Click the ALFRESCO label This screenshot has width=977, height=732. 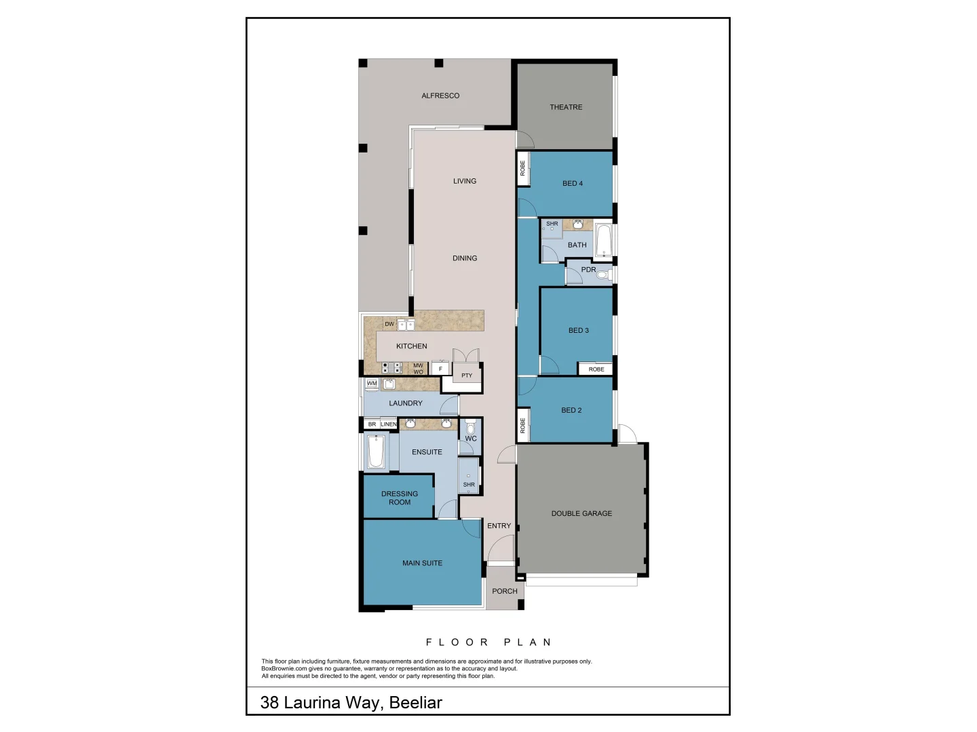click(440, 96)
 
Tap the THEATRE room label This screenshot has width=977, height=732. click(566, 107)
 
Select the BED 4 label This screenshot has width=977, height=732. click(572, 184)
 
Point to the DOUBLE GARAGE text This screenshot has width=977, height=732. click(581, 514)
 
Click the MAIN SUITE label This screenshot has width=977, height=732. click(422, 563)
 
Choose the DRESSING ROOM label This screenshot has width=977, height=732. click(400, 498)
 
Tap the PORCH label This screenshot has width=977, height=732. click(504, 591)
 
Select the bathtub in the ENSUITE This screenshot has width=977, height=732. click(376, 451)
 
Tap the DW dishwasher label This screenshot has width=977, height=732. click(389, 324)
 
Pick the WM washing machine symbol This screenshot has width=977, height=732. click(372, 384)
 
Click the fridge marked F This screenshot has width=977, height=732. click(440, 369)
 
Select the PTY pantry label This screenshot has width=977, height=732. click(467, 375)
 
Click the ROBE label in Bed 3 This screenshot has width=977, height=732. click(596, 369)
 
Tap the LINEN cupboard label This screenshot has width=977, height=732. click(389, 424)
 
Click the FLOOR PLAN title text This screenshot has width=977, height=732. click(488, 642)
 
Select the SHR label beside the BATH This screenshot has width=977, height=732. click(552, 224)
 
